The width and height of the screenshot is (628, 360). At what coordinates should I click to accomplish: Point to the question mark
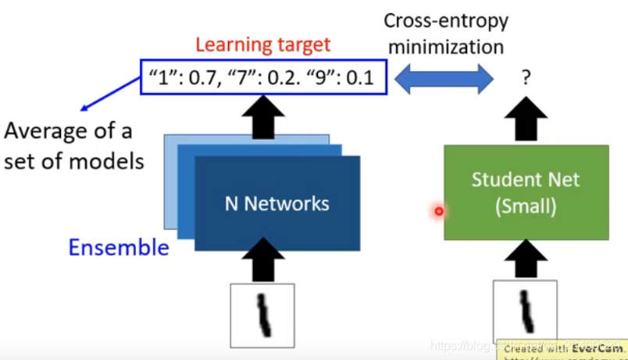526,78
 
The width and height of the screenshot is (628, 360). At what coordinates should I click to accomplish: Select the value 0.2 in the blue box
282,78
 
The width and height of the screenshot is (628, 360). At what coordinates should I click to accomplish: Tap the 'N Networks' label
277,204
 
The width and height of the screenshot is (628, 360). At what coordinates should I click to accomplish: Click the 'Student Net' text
526,180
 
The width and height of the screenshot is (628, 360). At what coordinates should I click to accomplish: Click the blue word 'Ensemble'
119,248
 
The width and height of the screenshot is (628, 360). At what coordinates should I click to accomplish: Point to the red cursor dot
439,211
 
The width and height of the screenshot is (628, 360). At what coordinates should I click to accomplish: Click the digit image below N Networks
262,315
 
